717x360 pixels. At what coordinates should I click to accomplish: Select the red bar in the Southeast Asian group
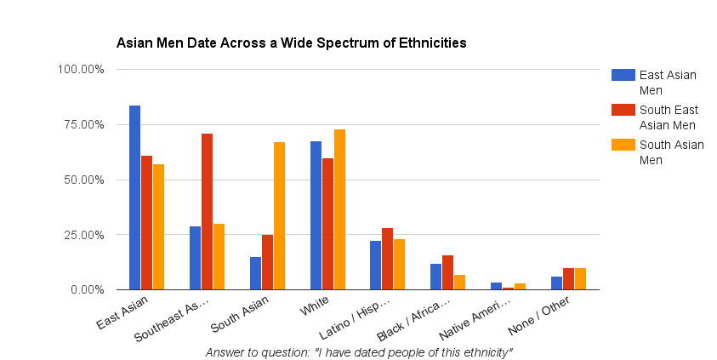pos(207,212)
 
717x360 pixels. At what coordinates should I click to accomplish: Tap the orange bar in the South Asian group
pos(279,216)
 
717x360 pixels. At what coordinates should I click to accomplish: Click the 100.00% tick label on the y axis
pos(81,69)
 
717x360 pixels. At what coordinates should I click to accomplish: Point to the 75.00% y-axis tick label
pos(83,124)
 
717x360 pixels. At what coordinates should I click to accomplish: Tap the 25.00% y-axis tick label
pos(83,235)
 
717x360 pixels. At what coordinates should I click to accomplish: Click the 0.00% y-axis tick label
pos(87,290)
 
